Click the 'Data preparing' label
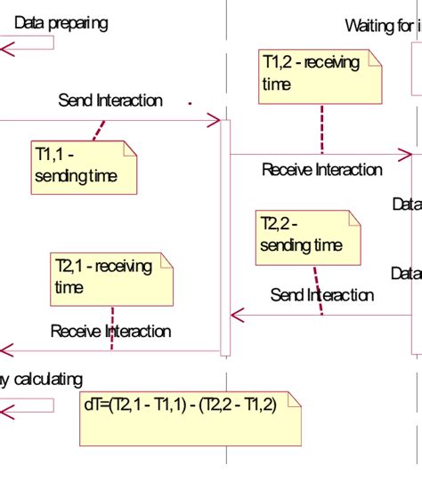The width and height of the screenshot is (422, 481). click(61, 23)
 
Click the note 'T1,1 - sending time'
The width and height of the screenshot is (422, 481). click(85, 166)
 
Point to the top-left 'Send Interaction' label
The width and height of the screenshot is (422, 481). click(110, 100)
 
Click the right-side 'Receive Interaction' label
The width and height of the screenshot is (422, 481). click(321, 170)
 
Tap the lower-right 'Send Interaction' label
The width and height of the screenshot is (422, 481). click(321, 295)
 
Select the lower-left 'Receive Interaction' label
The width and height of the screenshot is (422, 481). click(110, 332)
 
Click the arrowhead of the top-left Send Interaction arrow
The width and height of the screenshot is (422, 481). click(214, 120)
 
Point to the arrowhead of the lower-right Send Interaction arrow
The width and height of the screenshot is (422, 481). click(237, 314)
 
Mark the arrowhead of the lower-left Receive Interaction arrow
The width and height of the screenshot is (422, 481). click(5, 350)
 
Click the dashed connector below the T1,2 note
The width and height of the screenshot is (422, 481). click(321, 129)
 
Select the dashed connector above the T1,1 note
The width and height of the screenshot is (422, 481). click(100, 129)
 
